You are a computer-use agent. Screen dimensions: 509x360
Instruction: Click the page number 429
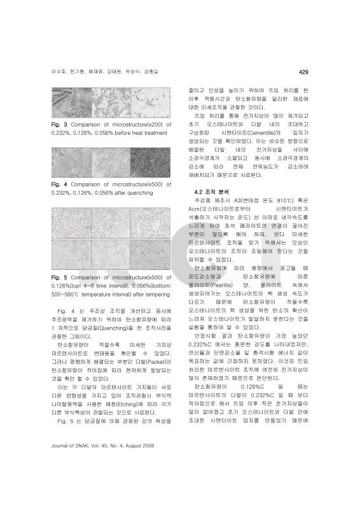[303, 71]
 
